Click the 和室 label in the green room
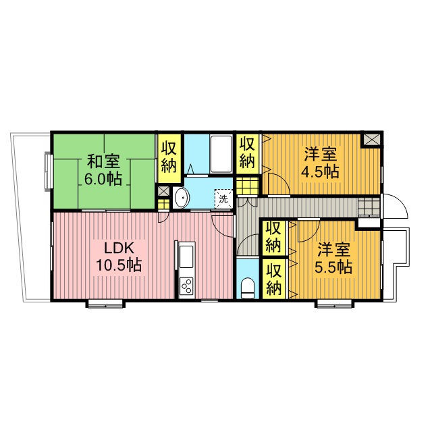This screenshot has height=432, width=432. pos(103,161)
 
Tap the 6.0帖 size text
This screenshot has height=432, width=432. pos(103,180)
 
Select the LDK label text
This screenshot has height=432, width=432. pos(119,248)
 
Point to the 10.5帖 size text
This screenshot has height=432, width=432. pos(119,265)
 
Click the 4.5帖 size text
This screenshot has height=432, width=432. pos(320,172)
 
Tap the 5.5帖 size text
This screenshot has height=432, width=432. pos(333,267)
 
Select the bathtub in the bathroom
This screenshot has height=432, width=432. pos(221,155)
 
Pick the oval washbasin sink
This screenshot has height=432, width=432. pos(182,198)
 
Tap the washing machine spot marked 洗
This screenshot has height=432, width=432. pos(223,199)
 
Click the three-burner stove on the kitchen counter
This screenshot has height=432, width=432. pos(186,286)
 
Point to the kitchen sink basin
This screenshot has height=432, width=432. pos(186,256)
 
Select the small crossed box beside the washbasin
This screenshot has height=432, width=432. pos(163,192)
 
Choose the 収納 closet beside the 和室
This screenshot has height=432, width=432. pos(169,158)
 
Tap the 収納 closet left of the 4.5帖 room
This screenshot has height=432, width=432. pos(248,154)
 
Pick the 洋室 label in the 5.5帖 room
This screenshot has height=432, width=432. pos(333,250)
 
